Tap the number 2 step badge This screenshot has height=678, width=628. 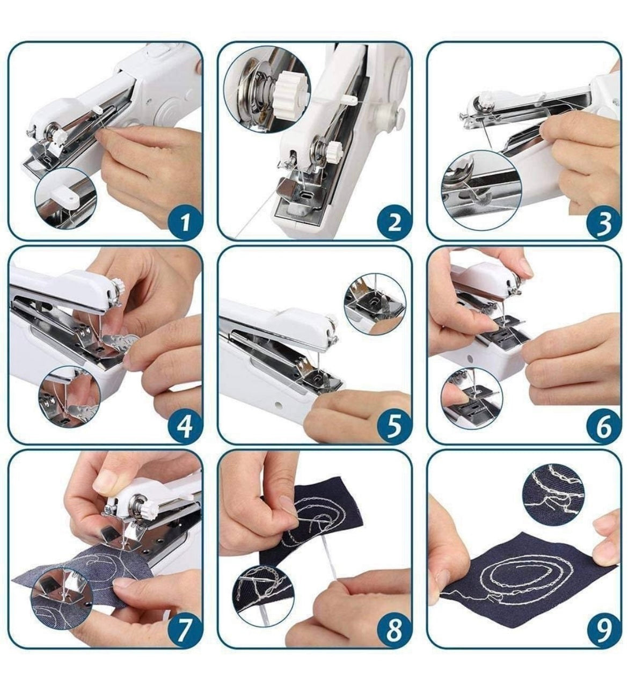pos(394,220)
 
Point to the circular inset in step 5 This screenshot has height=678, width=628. pos(374,304)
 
